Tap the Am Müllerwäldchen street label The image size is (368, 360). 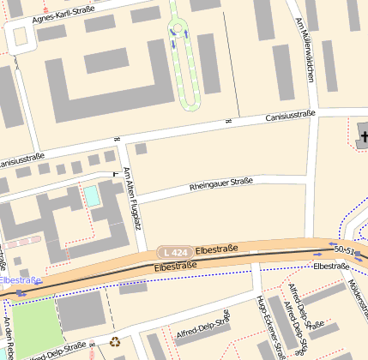(x=304, y=53)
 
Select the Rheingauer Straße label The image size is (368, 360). (x=220, y=183)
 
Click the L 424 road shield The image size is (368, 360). (x=174, y=252)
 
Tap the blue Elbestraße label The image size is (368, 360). (x=20, y=279)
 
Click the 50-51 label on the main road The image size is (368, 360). (x=344, y=249)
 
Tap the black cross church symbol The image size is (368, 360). (x=364, y=135)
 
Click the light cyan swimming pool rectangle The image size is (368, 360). (x=91, y=195)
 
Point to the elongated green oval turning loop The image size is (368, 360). (x=184, y=57)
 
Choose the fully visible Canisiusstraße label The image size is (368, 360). (x=290, y=116)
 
